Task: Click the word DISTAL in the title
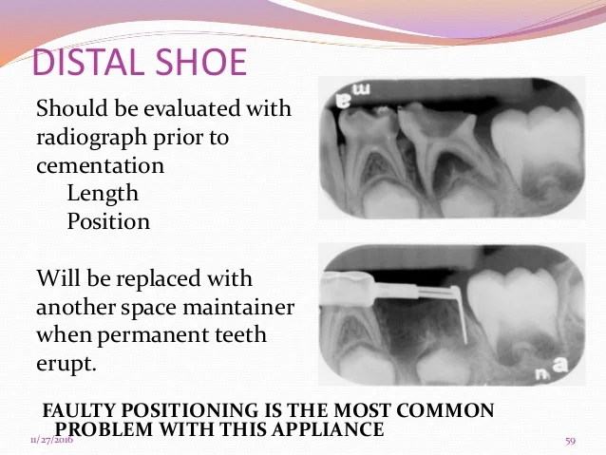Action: (86, 63)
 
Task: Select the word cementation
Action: (100, 166)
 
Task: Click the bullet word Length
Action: (103, 193)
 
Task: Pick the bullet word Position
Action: (108, 221)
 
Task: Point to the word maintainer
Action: (238, 307)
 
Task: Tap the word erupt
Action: (66, 364)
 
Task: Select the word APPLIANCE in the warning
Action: (327, 429)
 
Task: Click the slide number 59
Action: (571, 441)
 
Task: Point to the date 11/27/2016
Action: (51, 440)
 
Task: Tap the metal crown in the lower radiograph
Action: (347, 289)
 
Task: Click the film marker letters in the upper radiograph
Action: (352, 96)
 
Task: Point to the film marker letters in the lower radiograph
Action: (552, 368)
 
